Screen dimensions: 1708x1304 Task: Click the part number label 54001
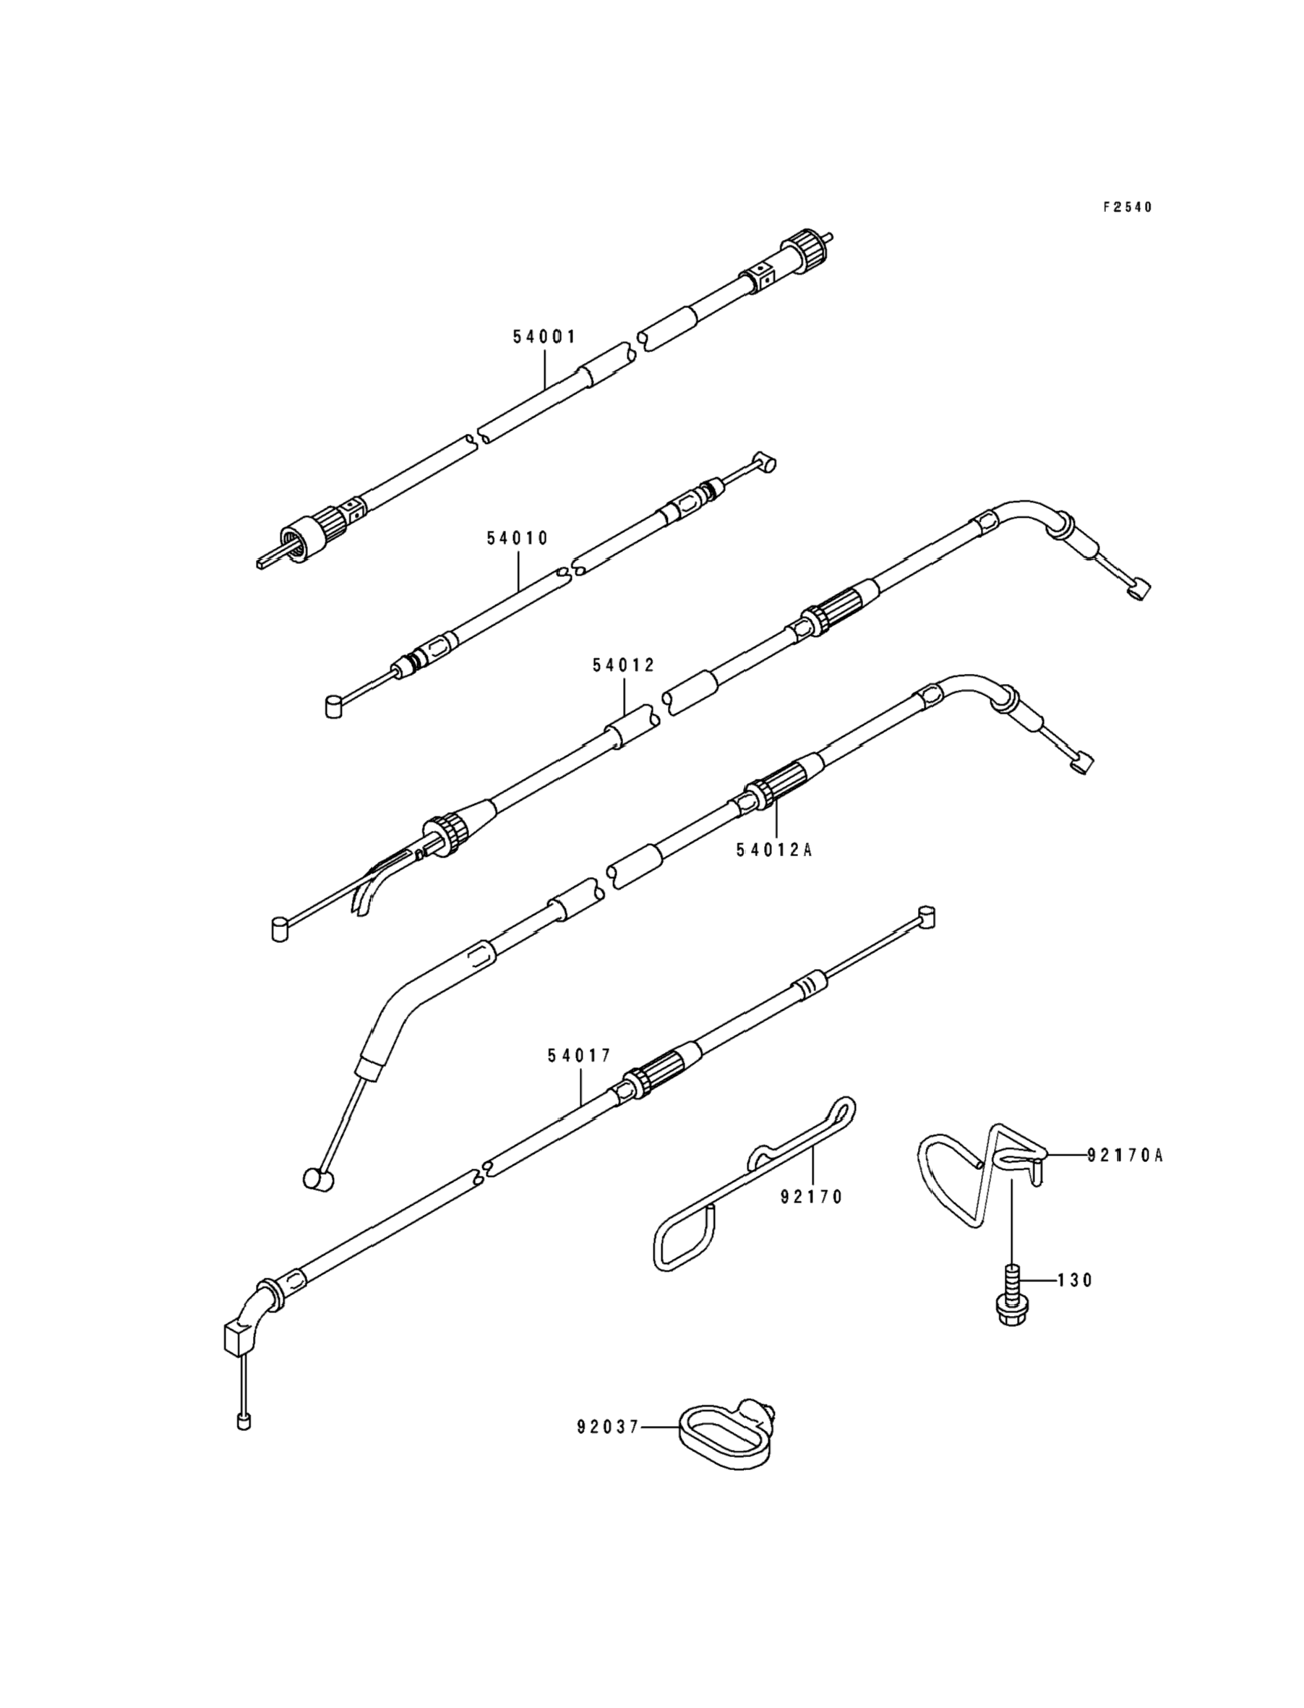(x=544, y=337)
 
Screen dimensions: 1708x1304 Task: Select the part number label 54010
(x=518, y=538)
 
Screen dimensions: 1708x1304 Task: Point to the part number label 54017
(x=579, y=1056)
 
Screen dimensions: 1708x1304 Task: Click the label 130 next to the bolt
(x=1075, y=1280)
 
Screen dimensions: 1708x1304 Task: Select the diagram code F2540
(x=1128, y=208)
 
